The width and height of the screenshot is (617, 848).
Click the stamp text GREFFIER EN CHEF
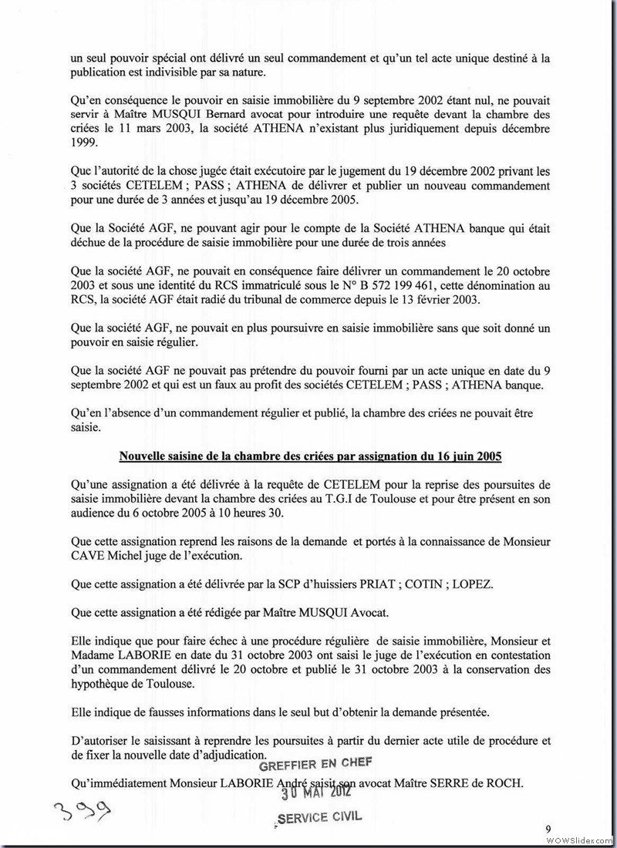(315, 763)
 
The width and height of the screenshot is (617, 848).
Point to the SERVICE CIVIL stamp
(318, 817)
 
